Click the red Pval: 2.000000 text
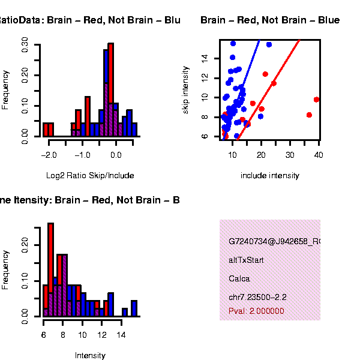coord(256,311)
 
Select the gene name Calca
coord(239,279)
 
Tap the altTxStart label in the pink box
coord(246,260)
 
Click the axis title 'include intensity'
coord(269,176)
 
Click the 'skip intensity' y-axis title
coord(186,88)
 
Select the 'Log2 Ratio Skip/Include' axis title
coord(90,176)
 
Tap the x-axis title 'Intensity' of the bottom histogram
coord(90,356)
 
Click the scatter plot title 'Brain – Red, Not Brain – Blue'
coord(270,20)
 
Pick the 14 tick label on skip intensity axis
coord(205,58)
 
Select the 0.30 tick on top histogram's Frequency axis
coord(25,44)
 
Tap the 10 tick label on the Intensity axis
coord(82,334)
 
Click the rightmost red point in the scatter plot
coord(317,100)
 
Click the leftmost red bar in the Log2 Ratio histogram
coord(46,130)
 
